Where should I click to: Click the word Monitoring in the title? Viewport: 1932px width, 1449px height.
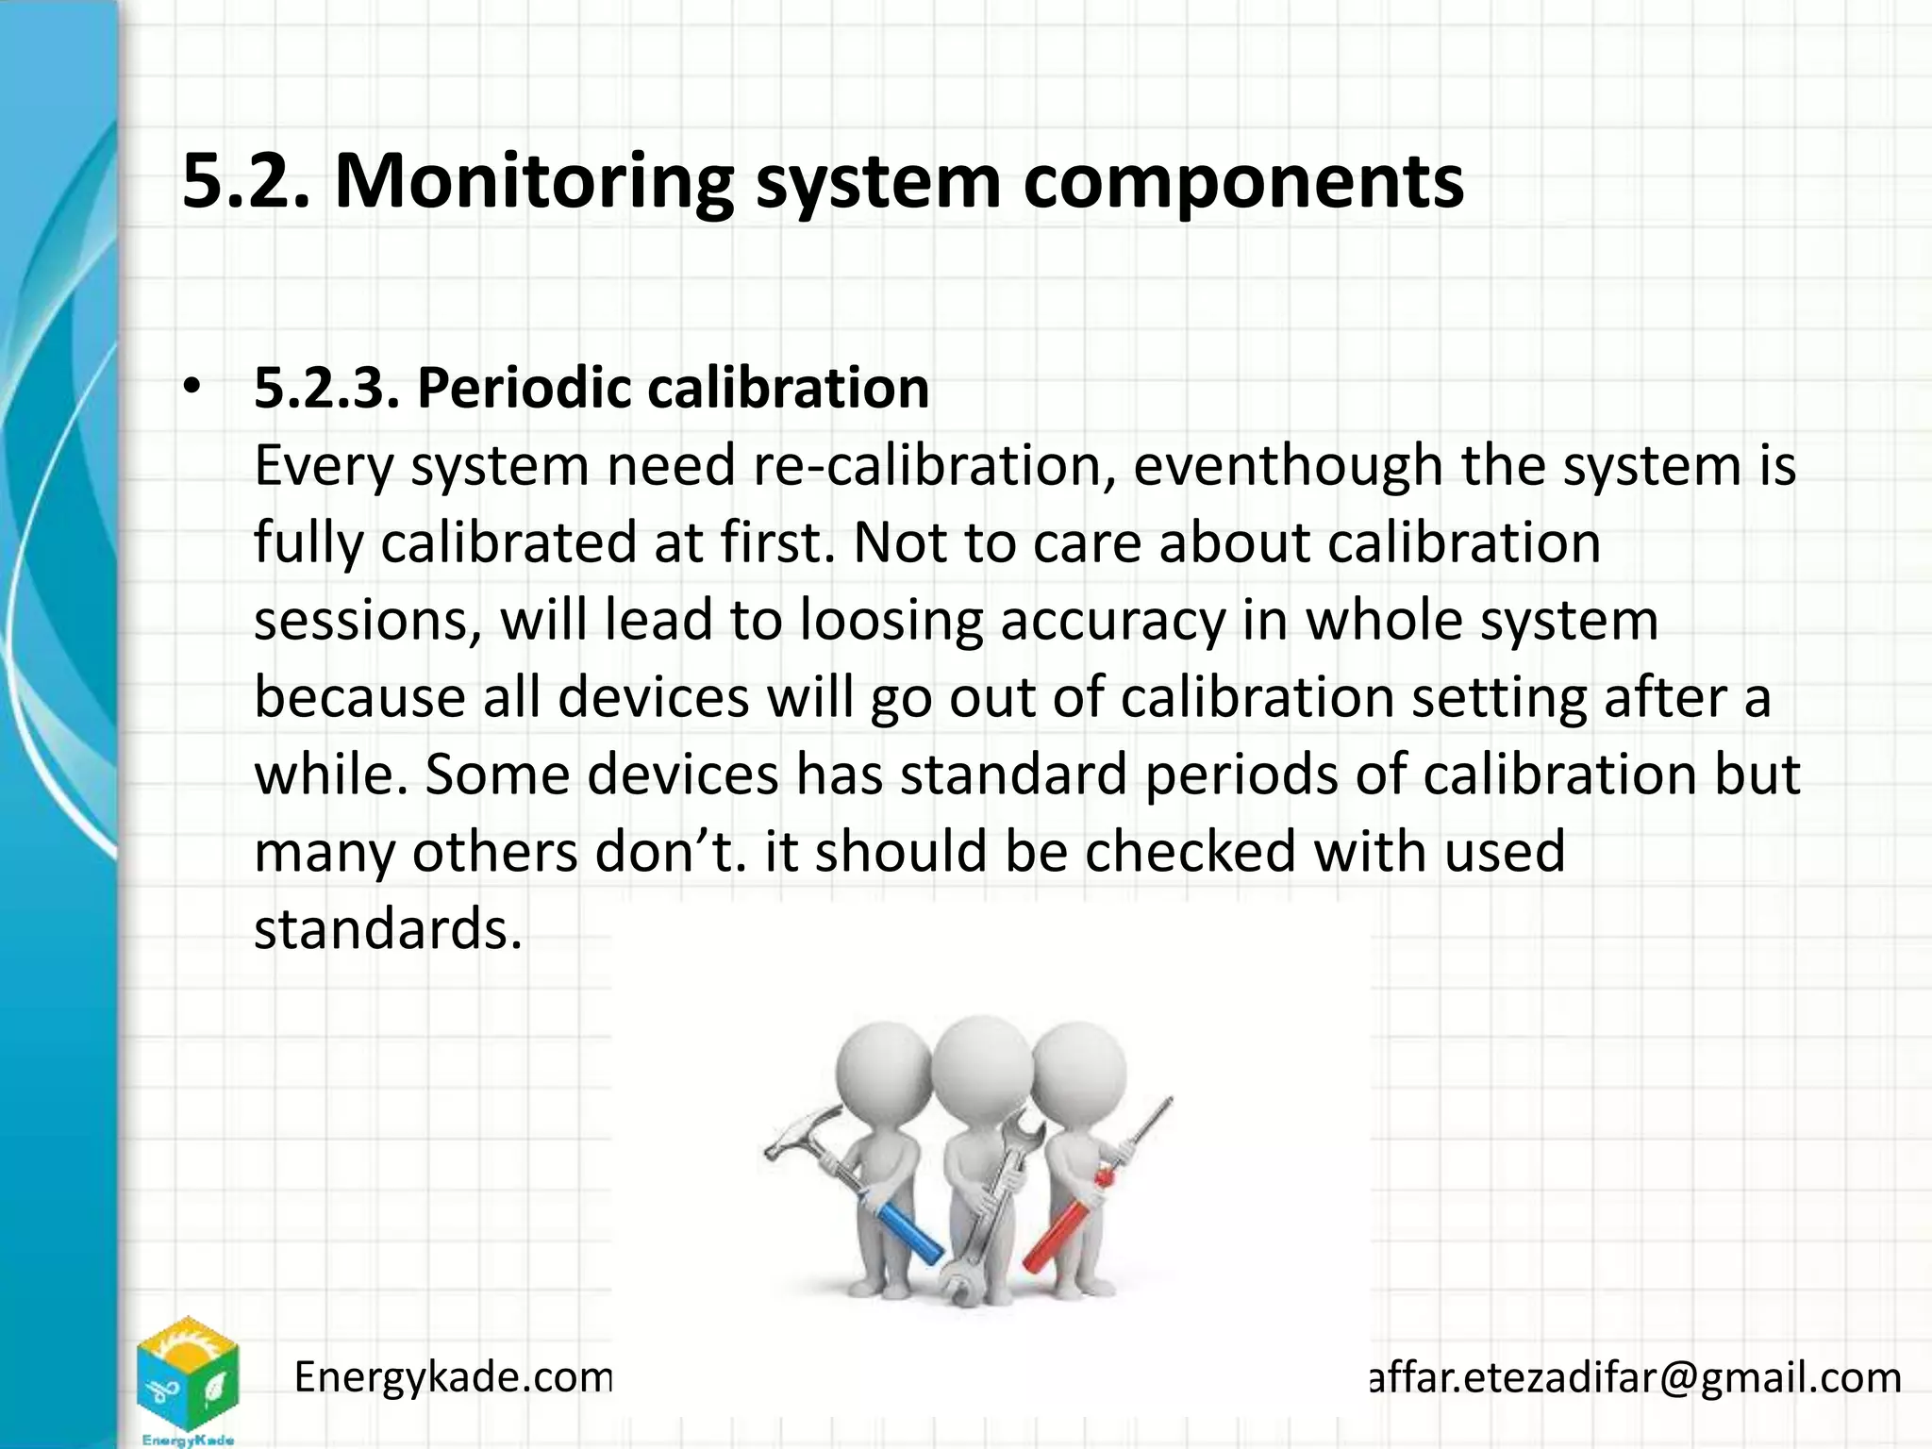tap(533, 181)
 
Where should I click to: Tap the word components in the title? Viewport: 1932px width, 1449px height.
tap(1243, 181)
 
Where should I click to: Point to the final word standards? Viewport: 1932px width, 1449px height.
tap(388, 929)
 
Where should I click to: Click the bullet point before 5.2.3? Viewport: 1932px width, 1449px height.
tap(192, 388)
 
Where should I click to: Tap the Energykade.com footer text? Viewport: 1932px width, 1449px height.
tap(454, 1378)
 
